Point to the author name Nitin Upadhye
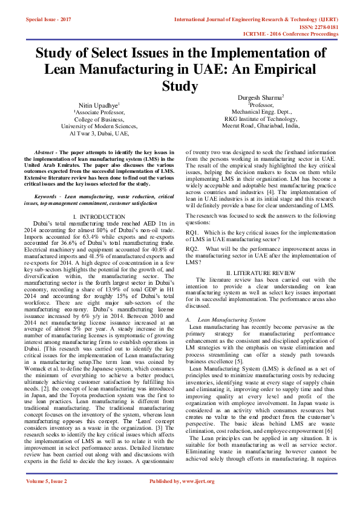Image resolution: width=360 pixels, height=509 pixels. pyautogui.click(x=99, y=105)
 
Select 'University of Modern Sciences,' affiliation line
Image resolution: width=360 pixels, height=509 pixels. pyautogui.click(x=99, y=126)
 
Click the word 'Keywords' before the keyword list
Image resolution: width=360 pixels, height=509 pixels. pyautogui.click(x=48, y=196)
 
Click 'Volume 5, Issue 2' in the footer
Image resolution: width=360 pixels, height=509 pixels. pyautogui.click(x=47, y=498)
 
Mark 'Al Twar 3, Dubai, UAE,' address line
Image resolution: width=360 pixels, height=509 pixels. pyautogui.click(x=99, y=134)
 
